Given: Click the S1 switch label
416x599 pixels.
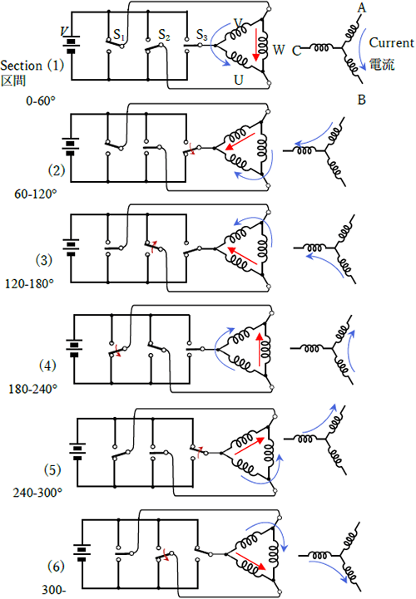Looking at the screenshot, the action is (x=119, y=35).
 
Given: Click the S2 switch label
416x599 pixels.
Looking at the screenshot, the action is (x=164, y=35).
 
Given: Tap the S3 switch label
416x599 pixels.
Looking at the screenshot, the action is (x=201, y=35).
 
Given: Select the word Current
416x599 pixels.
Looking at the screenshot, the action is (x=391, y=42).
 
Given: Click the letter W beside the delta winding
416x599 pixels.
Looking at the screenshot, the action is (x=279, y=49).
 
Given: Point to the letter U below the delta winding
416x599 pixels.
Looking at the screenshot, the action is (x=239, y=80).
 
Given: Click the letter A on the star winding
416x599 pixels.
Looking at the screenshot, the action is (x=361, y=7).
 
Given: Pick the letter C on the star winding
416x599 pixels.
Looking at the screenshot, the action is (x=296, y=51).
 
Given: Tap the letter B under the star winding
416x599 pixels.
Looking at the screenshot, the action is (x=361, y=100).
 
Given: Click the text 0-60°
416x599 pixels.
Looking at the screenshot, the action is (x=41, y=101).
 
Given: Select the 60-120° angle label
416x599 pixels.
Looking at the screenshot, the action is (x=36, y=194).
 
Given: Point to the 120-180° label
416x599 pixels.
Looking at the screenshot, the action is (x=29, y=284).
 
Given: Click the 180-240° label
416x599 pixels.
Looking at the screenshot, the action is (x=33, y=390).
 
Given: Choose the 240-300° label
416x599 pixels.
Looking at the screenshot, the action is (x=37, y=493).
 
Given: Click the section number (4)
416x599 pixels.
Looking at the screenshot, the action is (x=47, y=366).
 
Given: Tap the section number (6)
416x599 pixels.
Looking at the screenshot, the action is (x=56, y=566).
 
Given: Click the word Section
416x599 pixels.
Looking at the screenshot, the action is (x=21, y=66).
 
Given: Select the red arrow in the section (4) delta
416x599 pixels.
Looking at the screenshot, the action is (x=261, y=349).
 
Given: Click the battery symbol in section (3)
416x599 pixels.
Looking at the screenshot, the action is (x=71, y=248).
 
